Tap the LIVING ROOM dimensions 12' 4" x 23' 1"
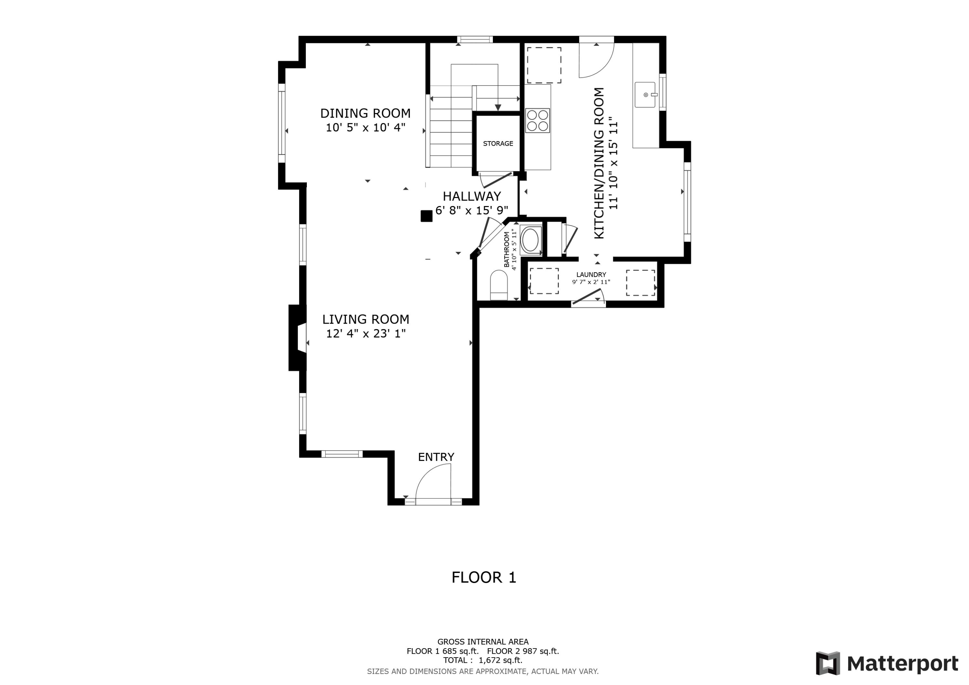366,333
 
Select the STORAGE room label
498,143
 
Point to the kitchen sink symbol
645,95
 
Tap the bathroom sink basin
530,241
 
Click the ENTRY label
436,457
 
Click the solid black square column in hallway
426,216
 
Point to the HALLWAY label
472,196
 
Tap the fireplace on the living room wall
297,337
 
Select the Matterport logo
887,663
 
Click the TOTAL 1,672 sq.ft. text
483,660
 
